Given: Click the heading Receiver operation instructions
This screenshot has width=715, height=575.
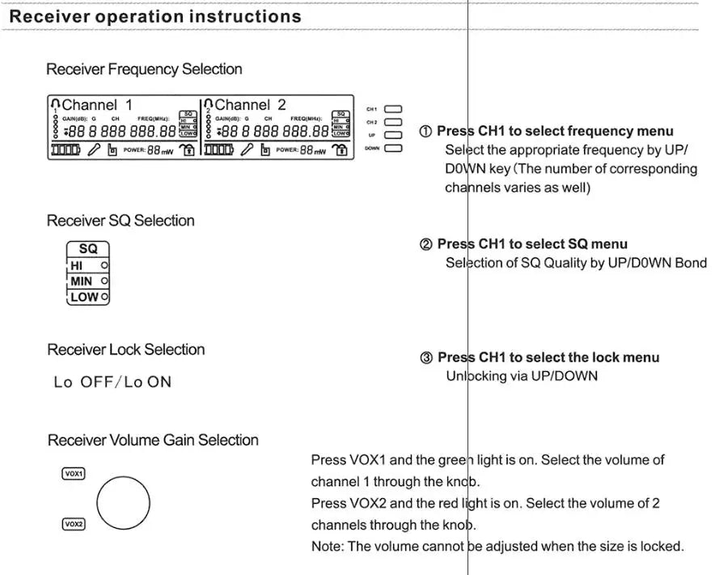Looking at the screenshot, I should [x=155, y=16].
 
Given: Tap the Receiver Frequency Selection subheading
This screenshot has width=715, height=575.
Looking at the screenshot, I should [x=144, y=70].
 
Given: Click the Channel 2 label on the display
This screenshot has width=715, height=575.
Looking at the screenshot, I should [x=250, y=104].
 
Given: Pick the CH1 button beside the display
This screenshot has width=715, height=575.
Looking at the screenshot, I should [x=393, y=108].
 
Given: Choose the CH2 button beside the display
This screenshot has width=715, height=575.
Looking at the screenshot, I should [x=393, y=122].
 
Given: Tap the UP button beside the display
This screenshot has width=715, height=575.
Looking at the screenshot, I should [x=393, y=135].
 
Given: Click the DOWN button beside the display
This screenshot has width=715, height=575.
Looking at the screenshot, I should [x=393, y=148].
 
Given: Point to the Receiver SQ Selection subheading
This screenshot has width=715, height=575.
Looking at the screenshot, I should [x=121, y=221].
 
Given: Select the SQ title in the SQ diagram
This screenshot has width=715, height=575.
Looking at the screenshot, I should [x=87, y=249].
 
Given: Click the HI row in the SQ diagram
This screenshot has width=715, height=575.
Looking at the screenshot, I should [x=87, y=265].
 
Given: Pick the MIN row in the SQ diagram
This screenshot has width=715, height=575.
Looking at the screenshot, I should [x=87, y=281].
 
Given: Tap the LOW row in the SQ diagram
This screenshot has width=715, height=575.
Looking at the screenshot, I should [x=87, y=297].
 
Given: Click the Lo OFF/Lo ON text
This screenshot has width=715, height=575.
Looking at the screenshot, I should [x=112, y=382].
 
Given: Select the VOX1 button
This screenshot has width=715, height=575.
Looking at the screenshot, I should [x=74, y=474].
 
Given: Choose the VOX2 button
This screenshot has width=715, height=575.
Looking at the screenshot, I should [x=74, y=525].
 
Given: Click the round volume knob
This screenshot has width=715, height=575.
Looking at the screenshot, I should [x=123, y=501].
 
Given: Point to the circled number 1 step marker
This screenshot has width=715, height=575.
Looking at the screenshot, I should [x=425, y=131].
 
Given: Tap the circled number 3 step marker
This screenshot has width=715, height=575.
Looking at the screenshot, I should [x=426, y=357].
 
